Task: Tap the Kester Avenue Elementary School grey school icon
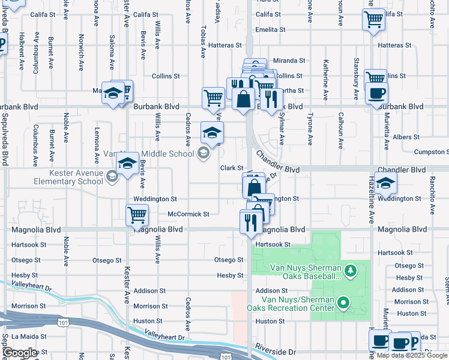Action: coord(112,176)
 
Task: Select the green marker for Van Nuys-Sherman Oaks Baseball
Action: coord(350,273)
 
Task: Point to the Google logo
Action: coord(20,353)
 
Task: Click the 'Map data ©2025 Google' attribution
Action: coord(412,356)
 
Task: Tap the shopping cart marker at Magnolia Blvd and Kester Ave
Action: coord(137,215)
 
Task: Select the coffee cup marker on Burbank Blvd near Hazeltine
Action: coord(376,94)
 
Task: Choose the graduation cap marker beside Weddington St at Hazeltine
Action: coord(386,183)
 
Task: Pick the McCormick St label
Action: coord(188,214)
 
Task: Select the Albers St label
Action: coord(406,137)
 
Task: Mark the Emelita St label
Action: coord(268,29)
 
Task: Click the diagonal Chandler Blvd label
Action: coord(277,163)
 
